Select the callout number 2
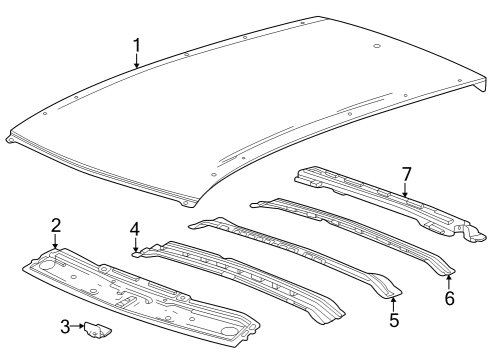tap(56, 225)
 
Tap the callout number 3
tap(65, 327)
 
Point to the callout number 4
tap(135, 229)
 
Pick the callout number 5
tap(394, 320)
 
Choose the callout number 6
tap(449, 298)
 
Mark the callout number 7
tap(406, 174)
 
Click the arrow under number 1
tap(136, 61)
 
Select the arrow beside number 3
tap(78, 326)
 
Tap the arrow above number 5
tap(393, 304)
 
